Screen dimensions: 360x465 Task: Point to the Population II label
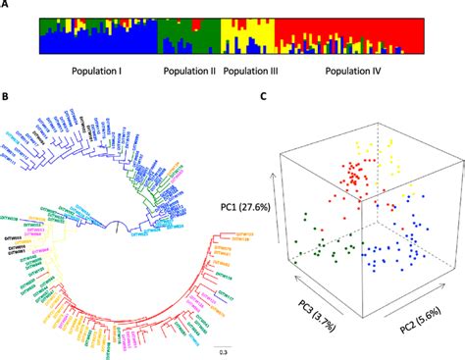click(190, 71)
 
